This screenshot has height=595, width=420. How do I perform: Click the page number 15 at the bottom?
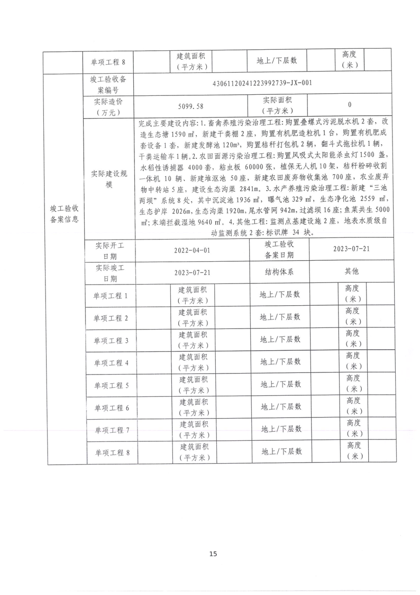(213, 554)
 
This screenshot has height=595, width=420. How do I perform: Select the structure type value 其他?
(351, 271)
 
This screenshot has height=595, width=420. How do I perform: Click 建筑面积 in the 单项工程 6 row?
(194, 407)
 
